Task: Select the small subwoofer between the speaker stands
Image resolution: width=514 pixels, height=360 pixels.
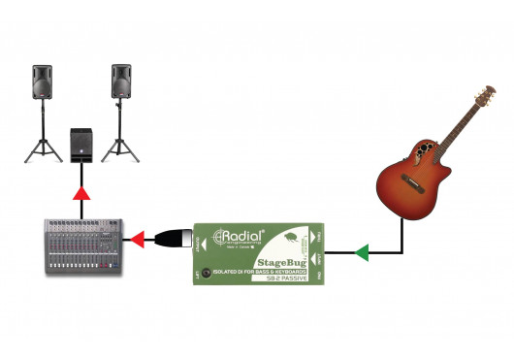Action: [x=81, y=144]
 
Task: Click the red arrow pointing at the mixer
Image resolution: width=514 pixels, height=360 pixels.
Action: [x=139, y=238]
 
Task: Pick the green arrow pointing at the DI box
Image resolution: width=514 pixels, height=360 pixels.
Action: [x=361, y=254]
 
